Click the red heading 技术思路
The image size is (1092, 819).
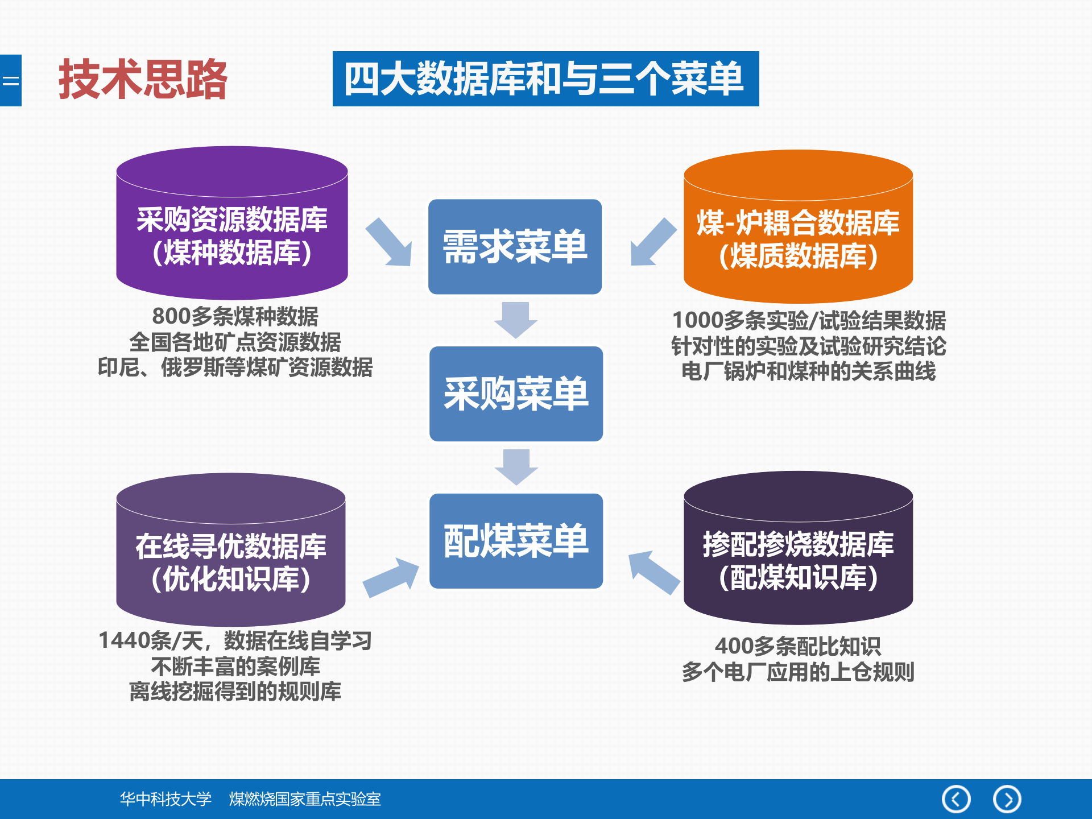(x=143, y=80)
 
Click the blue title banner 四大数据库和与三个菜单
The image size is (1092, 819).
(x=545, y=79)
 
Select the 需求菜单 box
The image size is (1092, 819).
(x=515, y=247)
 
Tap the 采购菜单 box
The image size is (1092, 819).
(x=515, y=394)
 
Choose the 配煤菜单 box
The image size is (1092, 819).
(x=515, y=541)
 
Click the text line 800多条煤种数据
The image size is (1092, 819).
(x=235, y=316)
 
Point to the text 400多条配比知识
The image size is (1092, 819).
(x=797, y=646)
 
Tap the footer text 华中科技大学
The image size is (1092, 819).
(x=166, y=799)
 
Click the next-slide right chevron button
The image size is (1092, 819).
(x=1007, y=799)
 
